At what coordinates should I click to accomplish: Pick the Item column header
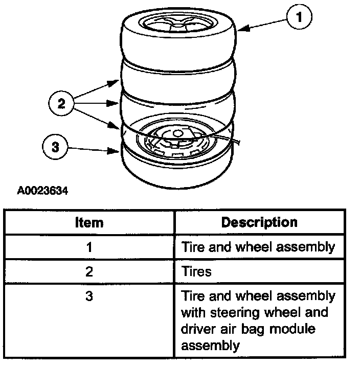[x=89, y=223]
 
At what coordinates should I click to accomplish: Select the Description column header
[x=259, y=222]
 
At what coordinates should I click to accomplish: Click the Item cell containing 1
[x=89, y=247]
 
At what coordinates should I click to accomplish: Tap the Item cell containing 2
[x=89, y=271]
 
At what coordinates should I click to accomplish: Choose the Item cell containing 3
[x=89, y=296]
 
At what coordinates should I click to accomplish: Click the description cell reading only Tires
[x=197, y=271]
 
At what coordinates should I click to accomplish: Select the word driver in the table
[x=199, y=329]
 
